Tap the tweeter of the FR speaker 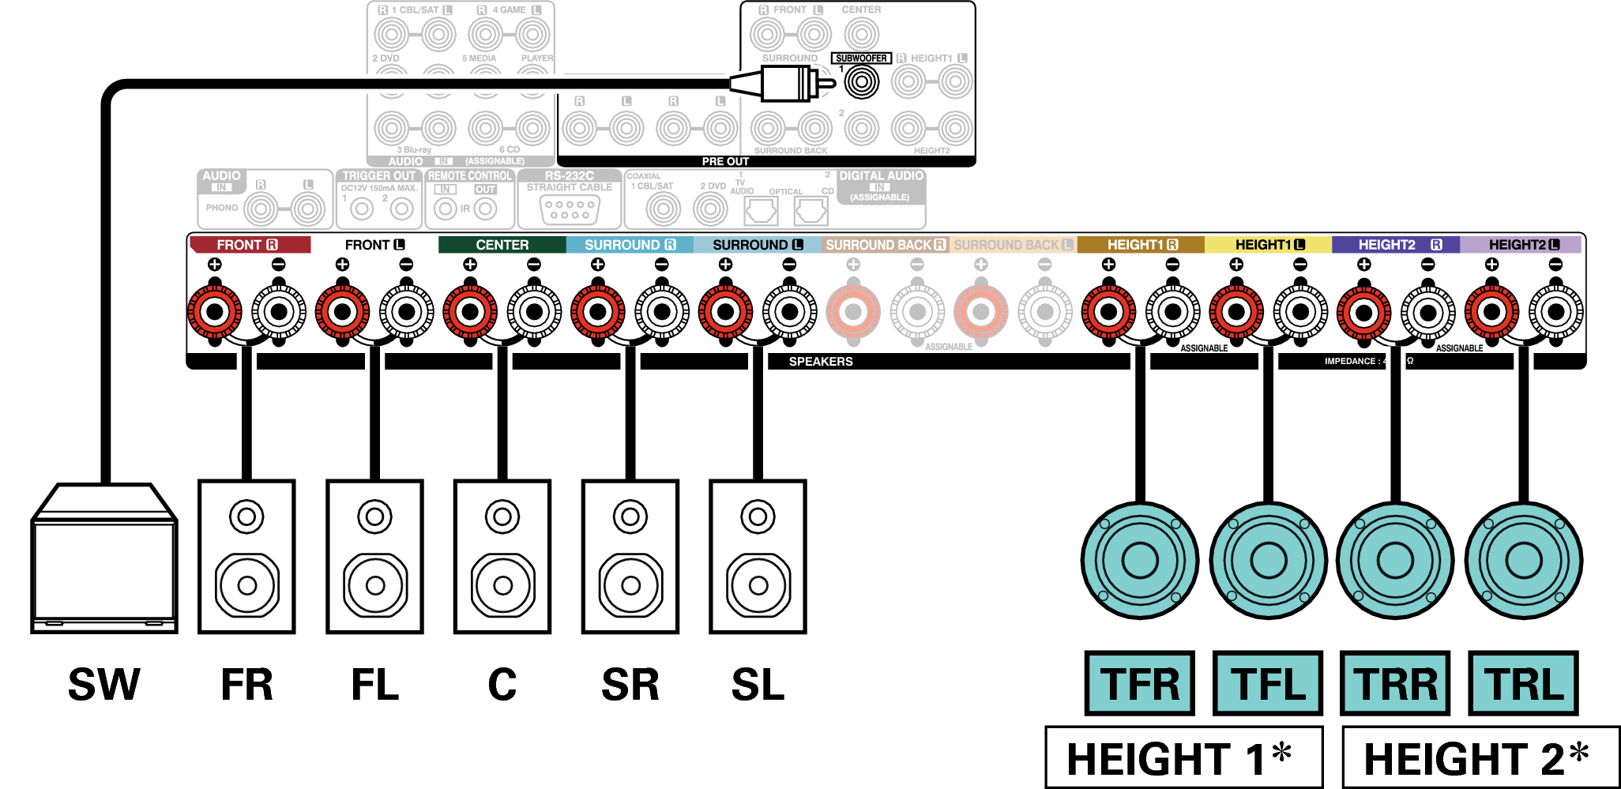[x=246, y=517]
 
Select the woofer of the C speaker [x=502, y=585]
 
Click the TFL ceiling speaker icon [x=1268, y=561]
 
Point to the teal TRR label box [x=1395, y=683]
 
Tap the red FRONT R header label [x=249, y=245]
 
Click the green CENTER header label [x=502, y=245]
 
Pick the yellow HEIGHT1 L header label [x=1268, y=245]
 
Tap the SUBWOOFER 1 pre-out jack [x=861, y=82]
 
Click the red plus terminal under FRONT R [x=214, y=312]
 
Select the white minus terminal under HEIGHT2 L [x=1555, y=312]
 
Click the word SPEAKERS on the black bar [x=821, y=362]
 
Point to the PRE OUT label [x=725, y=161]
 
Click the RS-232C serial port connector [x=570, y=209]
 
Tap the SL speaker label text [x=758, y=685]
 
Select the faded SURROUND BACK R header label [x=885, y=245]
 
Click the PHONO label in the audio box [x=222, y=208]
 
